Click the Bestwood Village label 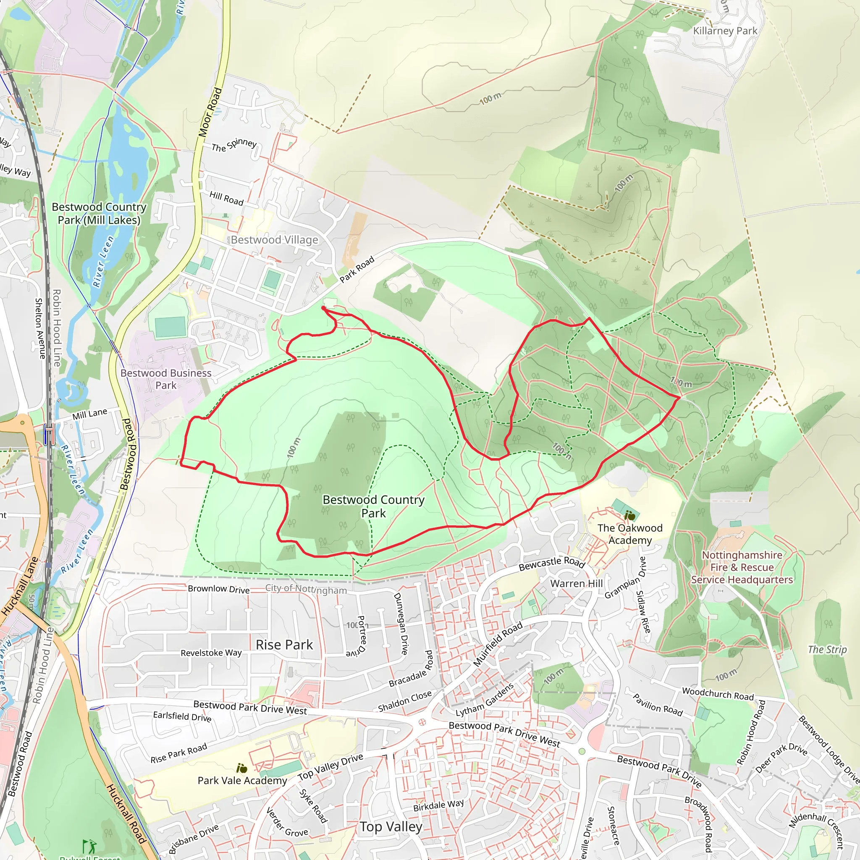click(x=274, y=240)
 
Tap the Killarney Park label click(x=725, y=31)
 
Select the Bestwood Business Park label click(x=166, y=379)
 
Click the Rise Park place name click(x=284, y=645)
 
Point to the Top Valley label click(x=391, y=826)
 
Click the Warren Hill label click(x=577, y=584)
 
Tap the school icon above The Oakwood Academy click(x=629, y=516)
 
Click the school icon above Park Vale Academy click(x=242, y=768)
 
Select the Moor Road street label click(x=210, y=112)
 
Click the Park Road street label click(x=357, y=270)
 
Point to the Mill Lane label click(x=90, y=414)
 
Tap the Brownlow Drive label click(x=218, y=589)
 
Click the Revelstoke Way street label click(x=211, y=653)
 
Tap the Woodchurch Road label click(x=718, y=694)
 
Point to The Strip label click(x=827, y=650)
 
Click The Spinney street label click(x=234, y=145)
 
